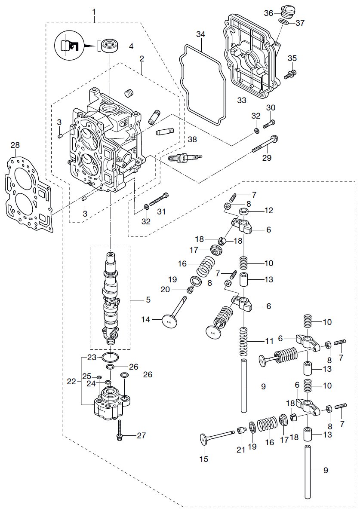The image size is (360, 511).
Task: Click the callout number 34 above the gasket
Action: [x=200, y=34]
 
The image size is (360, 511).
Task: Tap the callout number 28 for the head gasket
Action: [x=15, y=145]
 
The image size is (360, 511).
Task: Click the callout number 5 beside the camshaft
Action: [x=148, y=300]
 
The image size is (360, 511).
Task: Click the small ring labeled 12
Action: [x=245, y=211]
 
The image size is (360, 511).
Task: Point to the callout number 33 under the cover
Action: [x=242, y=100]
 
